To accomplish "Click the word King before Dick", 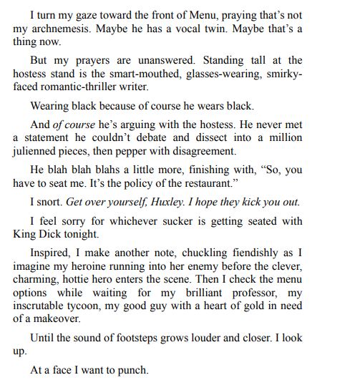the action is [26, 235].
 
